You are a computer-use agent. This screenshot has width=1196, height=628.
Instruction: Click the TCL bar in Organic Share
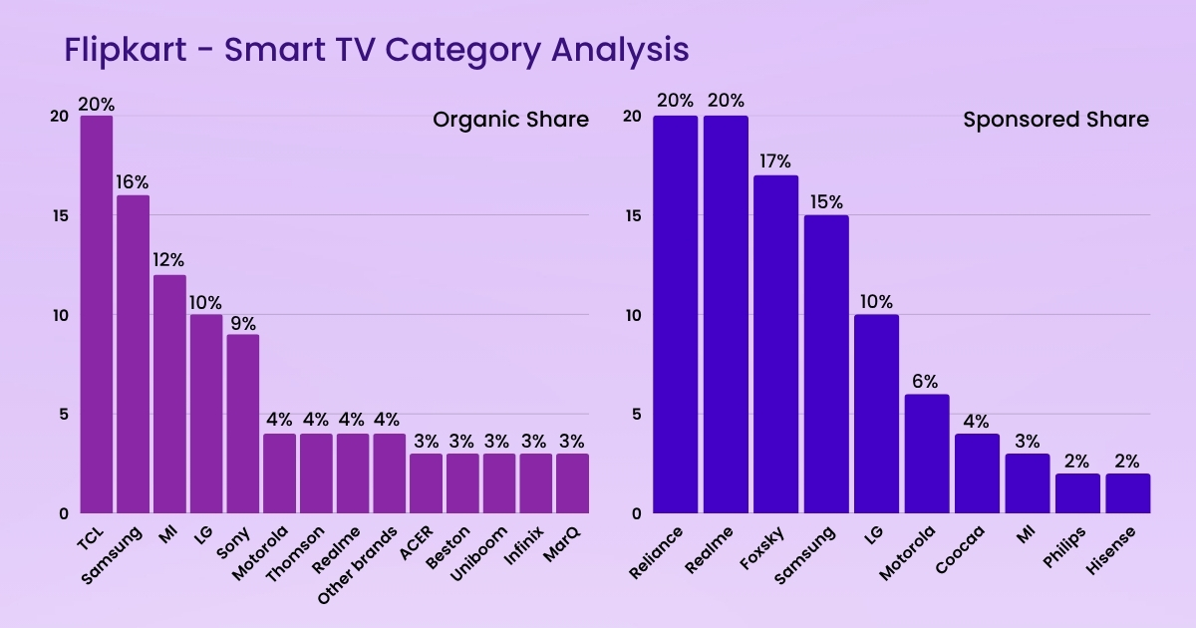point(97,314)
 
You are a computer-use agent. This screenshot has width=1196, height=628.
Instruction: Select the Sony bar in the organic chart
point(242,424)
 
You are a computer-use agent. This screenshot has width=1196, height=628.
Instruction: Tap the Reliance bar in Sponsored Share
point(676,314)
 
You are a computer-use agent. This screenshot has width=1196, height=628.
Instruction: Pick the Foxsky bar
point(775,344)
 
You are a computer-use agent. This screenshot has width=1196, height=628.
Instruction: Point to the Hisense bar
point(1127,493)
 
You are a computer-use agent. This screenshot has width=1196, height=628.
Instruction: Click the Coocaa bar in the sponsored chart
point(977,473)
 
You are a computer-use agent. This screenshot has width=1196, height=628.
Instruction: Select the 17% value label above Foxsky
point(775,161)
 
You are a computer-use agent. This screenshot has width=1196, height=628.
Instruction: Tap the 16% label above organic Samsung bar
point(133,181)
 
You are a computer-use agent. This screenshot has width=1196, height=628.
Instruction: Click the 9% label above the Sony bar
point(242,322)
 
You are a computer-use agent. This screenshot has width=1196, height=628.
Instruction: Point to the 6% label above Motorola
point(926,381)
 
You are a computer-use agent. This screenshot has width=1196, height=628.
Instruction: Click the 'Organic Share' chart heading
point(510,120)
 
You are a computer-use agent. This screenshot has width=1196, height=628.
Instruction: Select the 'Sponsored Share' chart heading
point(1055,120)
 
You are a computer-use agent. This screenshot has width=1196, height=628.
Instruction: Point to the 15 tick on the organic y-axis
point(61,215)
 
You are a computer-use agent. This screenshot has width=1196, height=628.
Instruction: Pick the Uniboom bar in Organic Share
point(498,483)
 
